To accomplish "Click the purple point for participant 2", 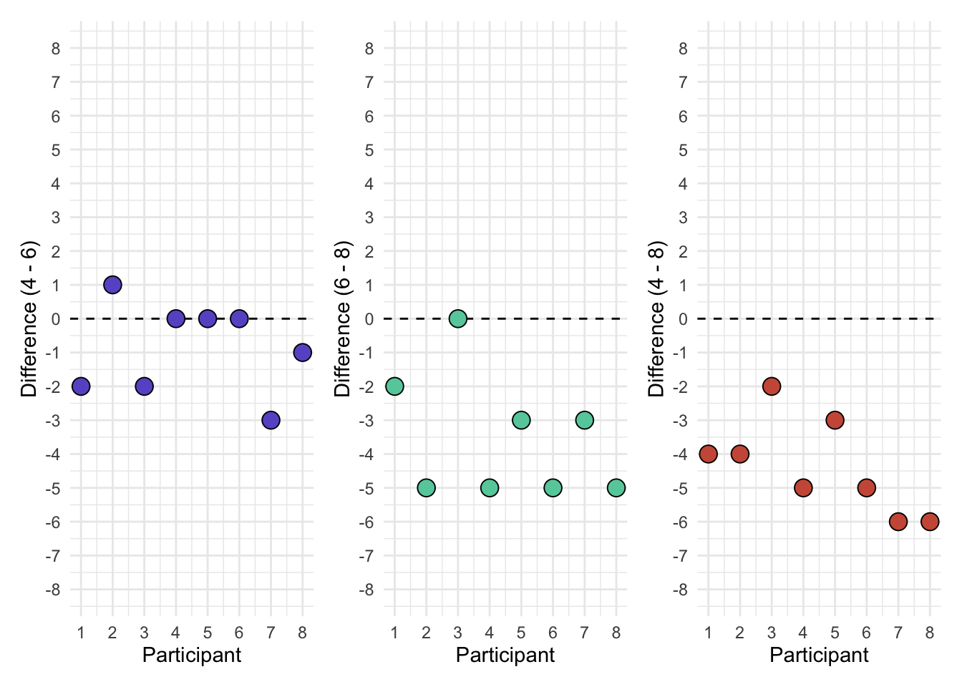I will pyautogui.click(x=112, y=285).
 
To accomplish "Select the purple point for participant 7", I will pyautogui.click(x=271, y=420).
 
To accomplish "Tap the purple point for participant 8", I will pyautogui.click(x=302, y=352).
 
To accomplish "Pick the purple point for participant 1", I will pyautogui.click(x=81, y=386).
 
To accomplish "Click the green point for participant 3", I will pyautogui.click(x=458, y=318).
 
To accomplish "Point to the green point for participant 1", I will pyautogui.click(x=394, y=386).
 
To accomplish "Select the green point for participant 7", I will pyautogui.click(x=584, y=420).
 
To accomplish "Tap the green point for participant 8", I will pyautogui.click(x=616, y=488).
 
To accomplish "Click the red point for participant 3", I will pyautogui.click(x=771, y=386).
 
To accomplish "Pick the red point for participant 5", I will pyautogui.click(x=835, y=420).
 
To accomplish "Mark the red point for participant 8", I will pyautogui.click(x=929, y=522).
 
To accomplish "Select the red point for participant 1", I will pyautogui.click(x=708, y=454).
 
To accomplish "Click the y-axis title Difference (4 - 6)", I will pyautogui.click(x=29, y=318).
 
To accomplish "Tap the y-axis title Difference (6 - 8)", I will pyautogui.click(x=342, y=318).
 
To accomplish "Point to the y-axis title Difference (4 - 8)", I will pyautogui.click(x=656, y=318).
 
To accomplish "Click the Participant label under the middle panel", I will pyautogui.click(x=505, y=655).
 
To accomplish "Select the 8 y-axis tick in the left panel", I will pyautogui.click(x=56, y=49).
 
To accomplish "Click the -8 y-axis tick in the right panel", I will pyautogui.click(x=680, y=590).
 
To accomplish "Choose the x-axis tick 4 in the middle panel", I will pyautogui.click(x=490, y=633).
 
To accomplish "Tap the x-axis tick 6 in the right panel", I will pyautogui.click(x=866, y=633).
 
